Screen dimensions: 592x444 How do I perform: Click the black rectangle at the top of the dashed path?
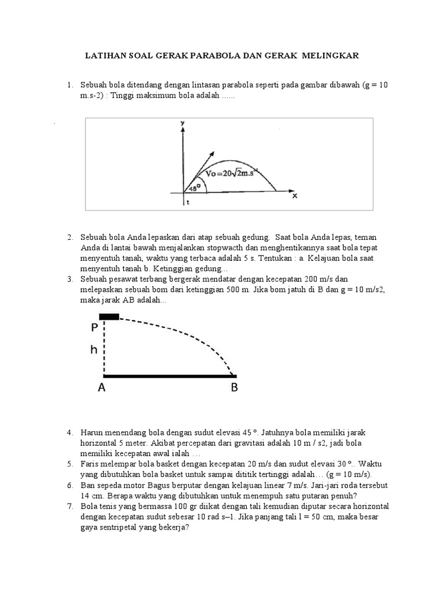(109, 317)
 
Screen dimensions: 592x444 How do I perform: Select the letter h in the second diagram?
(95, 350)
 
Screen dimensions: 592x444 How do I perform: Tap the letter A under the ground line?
(102, 388)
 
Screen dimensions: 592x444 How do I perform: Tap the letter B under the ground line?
(234, 388)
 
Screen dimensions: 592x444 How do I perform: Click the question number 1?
(69, 86)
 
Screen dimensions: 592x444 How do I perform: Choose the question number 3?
(69, 279)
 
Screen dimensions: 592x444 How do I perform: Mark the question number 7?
(69, 506)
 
